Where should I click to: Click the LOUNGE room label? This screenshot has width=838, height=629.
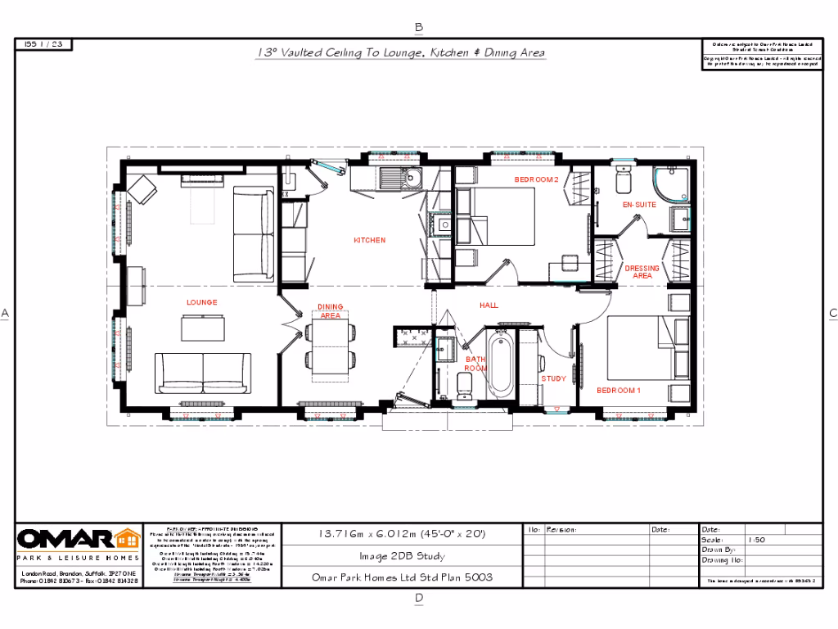(201, 302)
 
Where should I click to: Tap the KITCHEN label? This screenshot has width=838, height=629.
(369, 240)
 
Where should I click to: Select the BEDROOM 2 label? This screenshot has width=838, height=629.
(536, 179)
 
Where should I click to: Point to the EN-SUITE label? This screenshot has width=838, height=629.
(639, 204)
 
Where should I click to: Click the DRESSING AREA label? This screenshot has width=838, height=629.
(642, 272)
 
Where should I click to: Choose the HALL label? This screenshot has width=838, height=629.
(489, 305)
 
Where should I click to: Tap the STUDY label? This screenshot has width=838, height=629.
(554, 378)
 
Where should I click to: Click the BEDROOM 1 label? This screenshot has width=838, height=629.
(618, 390)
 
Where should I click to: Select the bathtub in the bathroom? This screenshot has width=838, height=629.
(499, 364)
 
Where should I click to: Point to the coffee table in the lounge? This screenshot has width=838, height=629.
(201, 328)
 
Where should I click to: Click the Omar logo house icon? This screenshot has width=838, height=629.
(126, 539)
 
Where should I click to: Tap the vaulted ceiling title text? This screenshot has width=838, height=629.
(401, 52)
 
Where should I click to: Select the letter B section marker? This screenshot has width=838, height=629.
(419, 27)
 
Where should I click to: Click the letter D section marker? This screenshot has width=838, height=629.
(419, 598)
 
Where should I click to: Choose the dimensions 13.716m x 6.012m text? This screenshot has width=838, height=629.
(402, 533)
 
